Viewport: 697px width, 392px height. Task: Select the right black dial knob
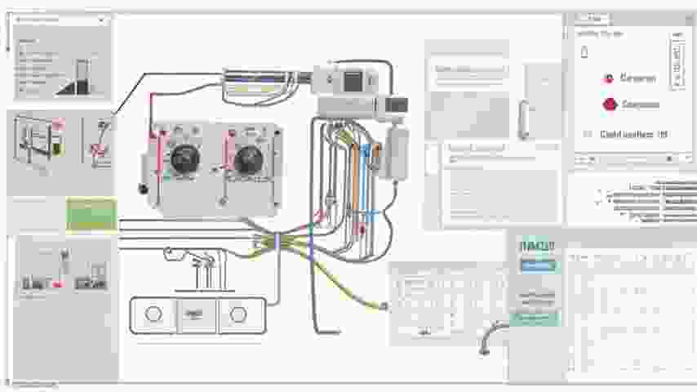point(247,158)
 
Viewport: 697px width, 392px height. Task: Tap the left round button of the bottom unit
point(153,314)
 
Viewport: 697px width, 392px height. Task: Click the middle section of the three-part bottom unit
point(195,314)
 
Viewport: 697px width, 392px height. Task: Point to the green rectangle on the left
point(91,214)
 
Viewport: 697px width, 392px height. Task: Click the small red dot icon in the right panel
point(608,78)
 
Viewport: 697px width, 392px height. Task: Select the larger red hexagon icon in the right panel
point(609,105)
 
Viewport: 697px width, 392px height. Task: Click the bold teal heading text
point(536,246)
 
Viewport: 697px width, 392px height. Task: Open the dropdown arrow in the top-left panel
point(101,19)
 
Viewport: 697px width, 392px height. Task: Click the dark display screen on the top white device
point(354,80)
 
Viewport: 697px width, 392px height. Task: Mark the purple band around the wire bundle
point(277,241)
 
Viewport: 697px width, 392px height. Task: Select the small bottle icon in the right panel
point(584,52)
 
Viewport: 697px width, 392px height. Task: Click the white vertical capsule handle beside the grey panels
point(522,119)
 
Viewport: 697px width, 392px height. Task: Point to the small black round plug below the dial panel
point(144,189)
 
